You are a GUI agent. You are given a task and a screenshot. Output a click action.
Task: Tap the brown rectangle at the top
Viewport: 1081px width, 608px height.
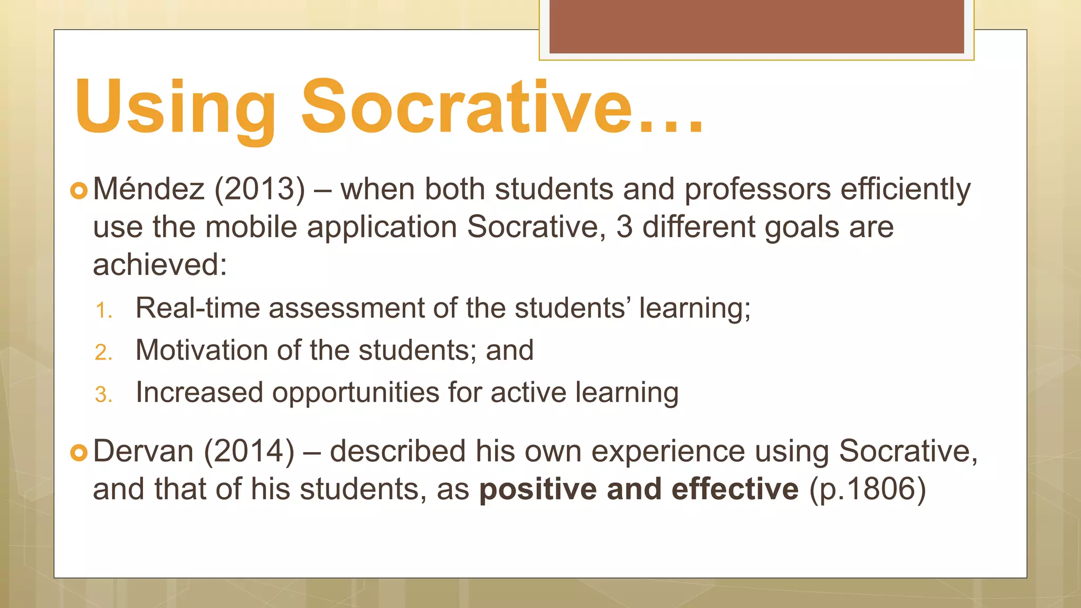click(756, 26)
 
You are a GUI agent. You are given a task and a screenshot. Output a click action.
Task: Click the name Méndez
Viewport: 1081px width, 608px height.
click(148, 189)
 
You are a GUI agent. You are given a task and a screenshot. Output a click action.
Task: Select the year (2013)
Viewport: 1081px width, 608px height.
click(259, 189)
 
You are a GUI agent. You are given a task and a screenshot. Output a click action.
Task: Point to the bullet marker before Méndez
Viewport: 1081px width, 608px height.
click(79, 191)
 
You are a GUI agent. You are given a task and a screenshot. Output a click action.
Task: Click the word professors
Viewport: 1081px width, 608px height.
click(757, 189)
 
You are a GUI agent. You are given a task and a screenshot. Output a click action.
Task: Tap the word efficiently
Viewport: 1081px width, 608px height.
click(905, 189)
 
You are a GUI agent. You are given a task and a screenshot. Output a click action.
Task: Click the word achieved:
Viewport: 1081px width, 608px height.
click(160, 264)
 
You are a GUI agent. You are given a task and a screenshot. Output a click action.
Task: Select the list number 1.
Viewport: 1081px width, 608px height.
click(103, 310)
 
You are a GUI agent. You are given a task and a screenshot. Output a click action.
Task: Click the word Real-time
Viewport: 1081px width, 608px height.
click(197, 308)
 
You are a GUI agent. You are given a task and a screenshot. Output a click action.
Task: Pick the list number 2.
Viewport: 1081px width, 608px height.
click(103, 353)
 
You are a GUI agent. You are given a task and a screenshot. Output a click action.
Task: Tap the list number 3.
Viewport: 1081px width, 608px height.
click(103, 395)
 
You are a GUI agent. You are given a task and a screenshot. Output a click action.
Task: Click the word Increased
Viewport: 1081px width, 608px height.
click(199, 392)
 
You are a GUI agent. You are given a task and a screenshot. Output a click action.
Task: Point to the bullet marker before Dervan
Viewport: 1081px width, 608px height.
click(79, 452)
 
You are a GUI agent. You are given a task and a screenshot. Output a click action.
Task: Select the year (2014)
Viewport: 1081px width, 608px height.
click(249, 451)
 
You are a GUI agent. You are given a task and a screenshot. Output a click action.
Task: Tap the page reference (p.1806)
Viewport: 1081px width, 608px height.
click(868, 489)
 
